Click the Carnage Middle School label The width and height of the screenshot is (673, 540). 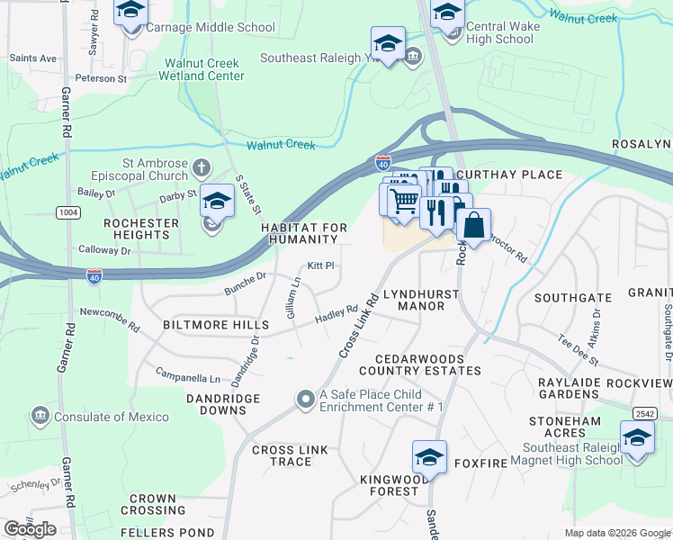click(212, 28)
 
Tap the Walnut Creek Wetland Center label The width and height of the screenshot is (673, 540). click(202, 70)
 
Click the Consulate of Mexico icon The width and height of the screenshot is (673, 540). click(40, 416)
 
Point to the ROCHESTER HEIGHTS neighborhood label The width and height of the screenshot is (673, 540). click(137, 229)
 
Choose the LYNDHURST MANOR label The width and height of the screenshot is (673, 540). click(421, 300)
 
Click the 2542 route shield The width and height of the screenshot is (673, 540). click(643, 413)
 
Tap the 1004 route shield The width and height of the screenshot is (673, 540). click(67, 211)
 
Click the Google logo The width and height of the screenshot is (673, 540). click(31, 529)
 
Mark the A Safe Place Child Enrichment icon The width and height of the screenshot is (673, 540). click(307, 399)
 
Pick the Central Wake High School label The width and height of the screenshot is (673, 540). click(500, 32)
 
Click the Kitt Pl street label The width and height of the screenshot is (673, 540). click(320, 265)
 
